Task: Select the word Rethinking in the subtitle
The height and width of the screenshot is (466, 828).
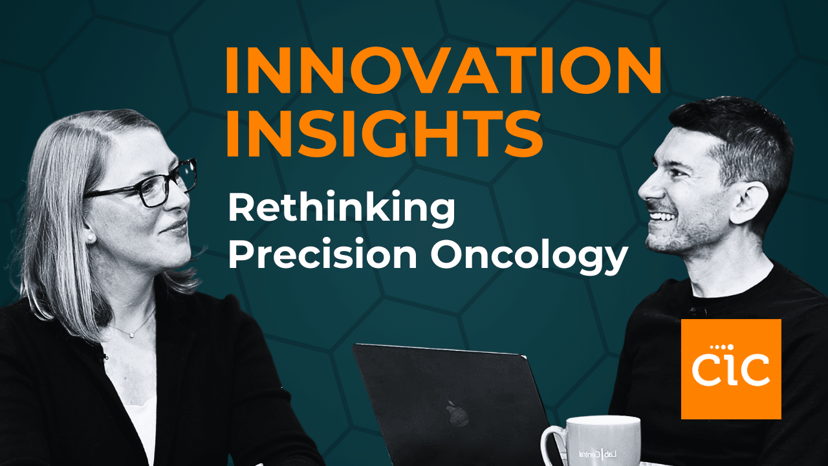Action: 342,210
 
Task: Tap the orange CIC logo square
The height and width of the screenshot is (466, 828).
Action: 731,368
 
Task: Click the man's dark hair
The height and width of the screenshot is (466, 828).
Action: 731,129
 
